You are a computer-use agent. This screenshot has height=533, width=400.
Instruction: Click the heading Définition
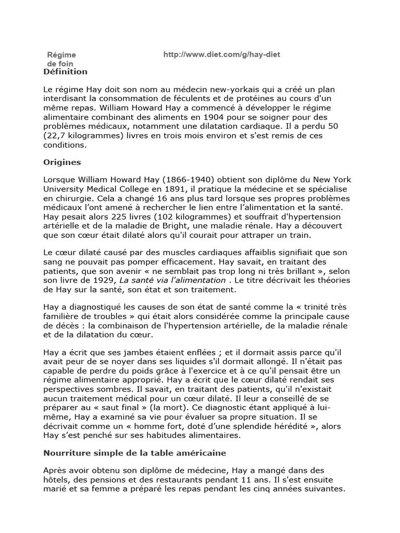coord(66,71)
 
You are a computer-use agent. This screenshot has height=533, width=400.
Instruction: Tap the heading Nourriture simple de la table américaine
coord(134,453)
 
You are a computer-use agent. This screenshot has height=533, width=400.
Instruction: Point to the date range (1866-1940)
coord(176,180)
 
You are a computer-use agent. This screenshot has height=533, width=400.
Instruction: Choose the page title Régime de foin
coord(61,59)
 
